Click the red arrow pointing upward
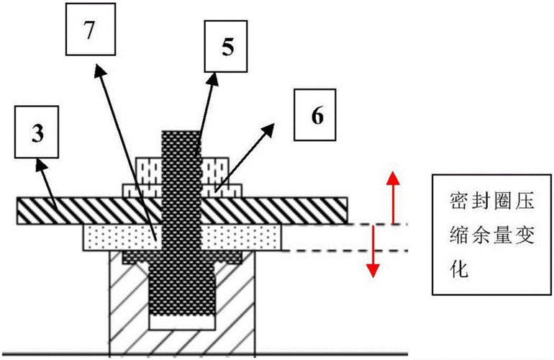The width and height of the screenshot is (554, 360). coord(393,197)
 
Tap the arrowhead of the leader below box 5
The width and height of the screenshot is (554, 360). coord(214,74)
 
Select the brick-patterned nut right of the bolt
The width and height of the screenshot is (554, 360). coord(213,168)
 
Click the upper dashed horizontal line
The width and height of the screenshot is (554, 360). coord(378,225)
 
